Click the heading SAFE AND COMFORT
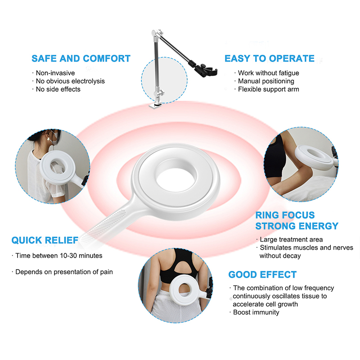pyautogui.click(x=81, y=58)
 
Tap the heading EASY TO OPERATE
pyautogui.click(x=270, y=58)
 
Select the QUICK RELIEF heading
pyautogui.click(x=45, y=240)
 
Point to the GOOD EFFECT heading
pyautogui.click(x=262, y=274)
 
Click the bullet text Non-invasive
pyautogui.click(x=55, y=73)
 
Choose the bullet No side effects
pyautogui.click(x=58, y=89)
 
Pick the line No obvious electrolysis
pyautogui.click(x=70, y=81)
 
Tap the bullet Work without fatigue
pyautogui.click(x=268, y=73)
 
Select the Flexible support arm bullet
pyautogui.click(x=268, y=89)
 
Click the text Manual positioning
pyautogui.click(x=266, y=81)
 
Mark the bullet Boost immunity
pyautogui.click(x=256, y=312)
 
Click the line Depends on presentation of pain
pyautogui.click(x=64, y=272)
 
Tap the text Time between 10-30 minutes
pyautogui.click(x=58, y=256)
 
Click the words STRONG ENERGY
pyautogui.click(x=297, y=226)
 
